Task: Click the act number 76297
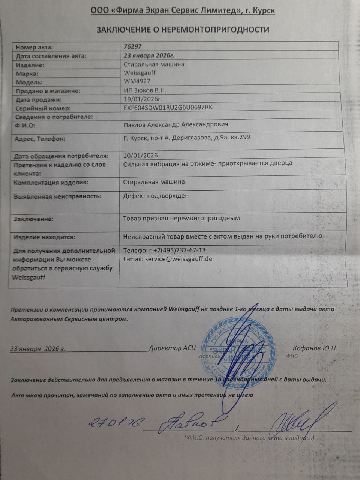pyautogui.click(x=133, y=47)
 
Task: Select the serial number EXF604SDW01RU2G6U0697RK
pyautogui.click(x=168, y=107)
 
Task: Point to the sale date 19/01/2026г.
pyautogui.click(x=142, y=99)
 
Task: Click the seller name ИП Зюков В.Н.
pyautogui.click(x=145, y=90)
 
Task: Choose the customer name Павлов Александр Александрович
pyautogui.click(x=176, y=124)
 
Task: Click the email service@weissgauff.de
pyautogui.click(x=168, y=259)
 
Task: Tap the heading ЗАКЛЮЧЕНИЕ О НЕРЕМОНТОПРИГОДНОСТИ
pyautogui.click(x=183, y=30)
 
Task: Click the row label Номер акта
pyautogui.click(x=34, y=47)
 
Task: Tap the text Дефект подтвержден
pyautogui.click(x=156, y=196)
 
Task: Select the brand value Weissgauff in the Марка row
pyautogui.click(x=139, y=72)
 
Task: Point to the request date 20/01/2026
pyautogui.click(x=140, y=155)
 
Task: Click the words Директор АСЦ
pyautogui.click(x=172, y=348)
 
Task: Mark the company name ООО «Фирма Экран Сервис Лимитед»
pyautogui.click(x=165, y=11)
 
